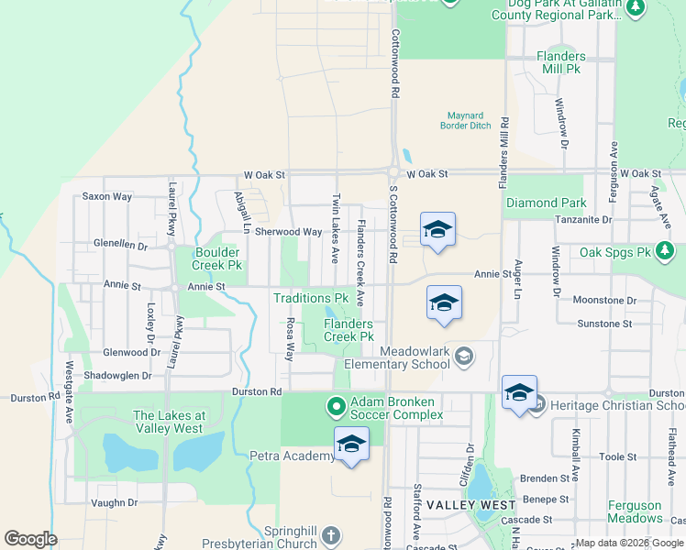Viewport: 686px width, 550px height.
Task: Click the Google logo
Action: tap(30, 539)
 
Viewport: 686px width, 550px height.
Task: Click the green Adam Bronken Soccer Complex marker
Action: tap(337, 405)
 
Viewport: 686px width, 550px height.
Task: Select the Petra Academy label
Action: tap(292, 456)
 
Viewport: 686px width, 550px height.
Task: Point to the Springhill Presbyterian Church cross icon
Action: tap(331, 533)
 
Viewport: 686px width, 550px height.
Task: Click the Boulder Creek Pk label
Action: tap(216, 258)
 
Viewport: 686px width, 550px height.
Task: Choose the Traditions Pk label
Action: tap(311, 298)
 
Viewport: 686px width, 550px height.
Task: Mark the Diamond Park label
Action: tap(545, 203)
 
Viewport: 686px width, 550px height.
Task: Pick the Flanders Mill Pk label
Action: tap(560, 62)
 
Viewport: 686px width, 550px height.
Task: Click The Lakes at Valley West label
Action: tap(169, 421)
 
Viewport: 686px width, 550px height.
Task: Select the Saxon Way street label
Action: tap(107, 196)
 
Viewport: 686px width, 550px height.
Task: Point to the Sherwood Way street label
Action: tap(288, 233)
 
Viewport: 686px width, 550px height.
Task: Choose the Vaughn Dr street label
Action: tap(114, 502)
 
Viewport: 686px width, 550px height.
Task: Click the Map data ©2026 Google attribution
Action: tap(629, 543)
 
